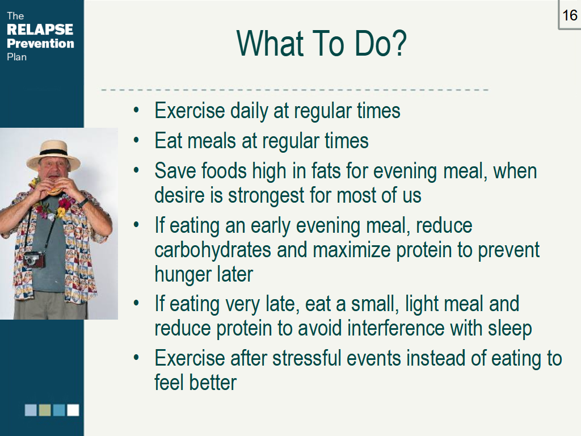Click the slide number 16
pyautogui.click(x=569, y=15)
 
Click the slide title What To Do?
pyautogui.click(x=321, y=43)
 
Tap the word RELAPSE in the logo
pyautogui.click(x=40, y=30)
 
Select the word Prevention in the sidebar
pyautogui.click(x=40, y=43)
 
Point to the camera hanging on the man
pyautogui.click(x=35, y=259)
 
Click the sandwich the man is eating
pyautogui.click(x=54, y=190)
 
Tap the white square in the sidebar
pyautogui.click(x=73, y=410)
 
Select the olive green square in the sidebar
pyautogui.click(x=45, y=410)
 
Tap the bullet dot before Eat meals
pyautogui.click(x=136, y=141)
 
